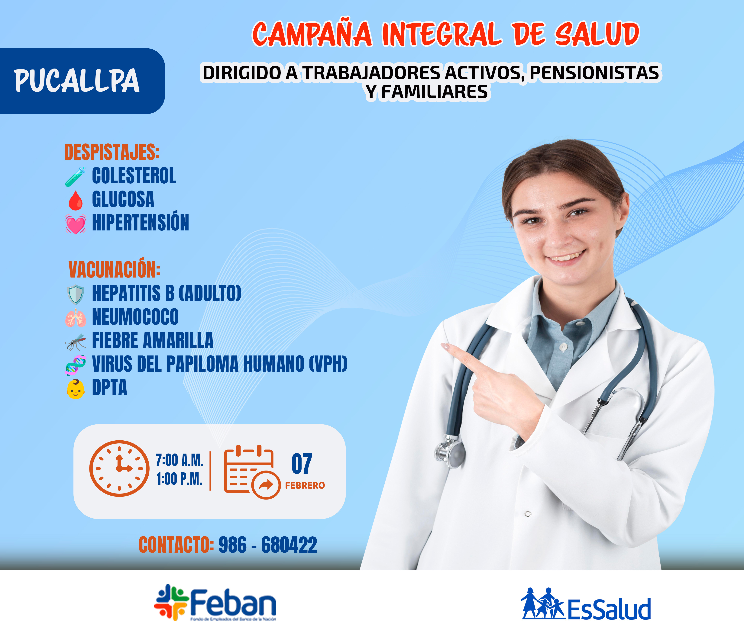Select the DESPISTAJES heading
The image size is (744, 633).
(x=112, y=152)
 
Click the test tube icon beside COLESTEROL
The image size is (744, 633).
(x=75, y=177)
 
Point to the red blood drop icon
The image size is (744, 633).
(x=75, y=200)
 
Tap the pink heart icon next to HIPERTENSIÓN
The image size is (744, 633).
(x=75, y=224)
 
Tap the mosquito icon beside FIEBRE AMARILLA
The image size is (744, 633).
(x=75, y=342)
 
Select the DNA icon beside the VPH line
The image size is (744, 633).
(x=75, y=365)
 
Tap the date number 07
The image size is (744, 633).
(x=302, y=464)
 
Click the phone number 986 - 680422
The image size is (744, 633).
(x=268, y=545)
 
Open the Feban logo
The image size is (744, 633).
(x=215, y=603)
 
